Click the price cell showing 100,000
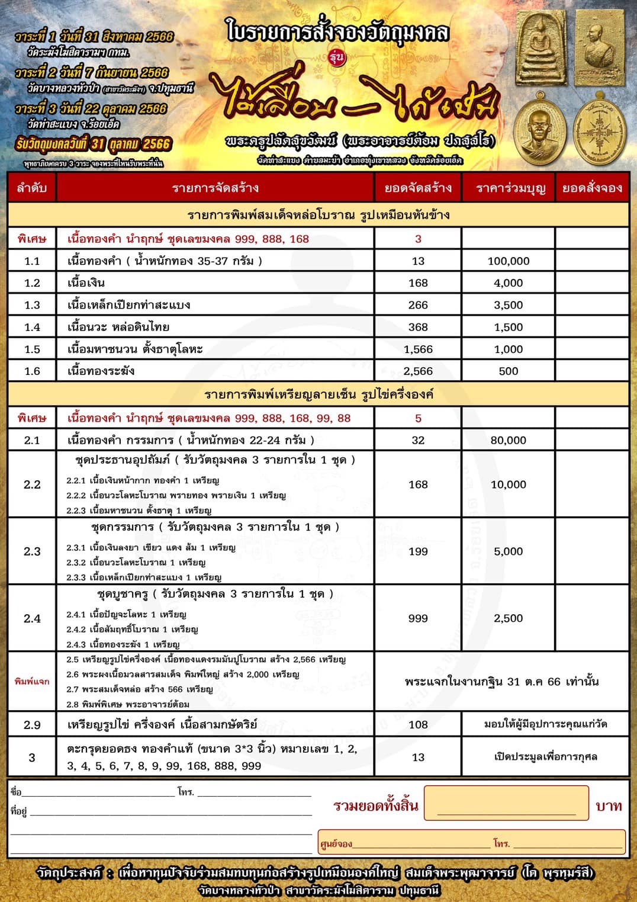[508, 261]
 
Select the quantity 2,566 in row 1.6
[418, 371]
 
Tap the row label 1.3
[32, 305]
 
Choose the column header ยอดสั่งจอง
[591, 188]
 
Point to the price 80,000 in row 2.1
[508, 440]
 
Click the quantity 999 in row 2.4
[418, 618]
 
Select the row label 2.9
[32, 724]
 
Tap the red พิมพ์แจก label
[32, 682]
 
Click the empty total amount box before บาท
[506, 804]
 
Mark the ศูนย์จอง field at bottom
[471, 843]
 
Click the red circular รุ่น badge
[336, 57]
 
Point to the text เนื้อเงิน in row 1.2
[86, 283]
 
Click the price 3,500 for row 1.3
[508, 305]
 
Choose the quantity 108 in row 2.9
[418, 724]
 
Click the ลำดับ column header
[32, 188]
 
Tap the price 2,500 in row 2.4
[508, 618]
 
